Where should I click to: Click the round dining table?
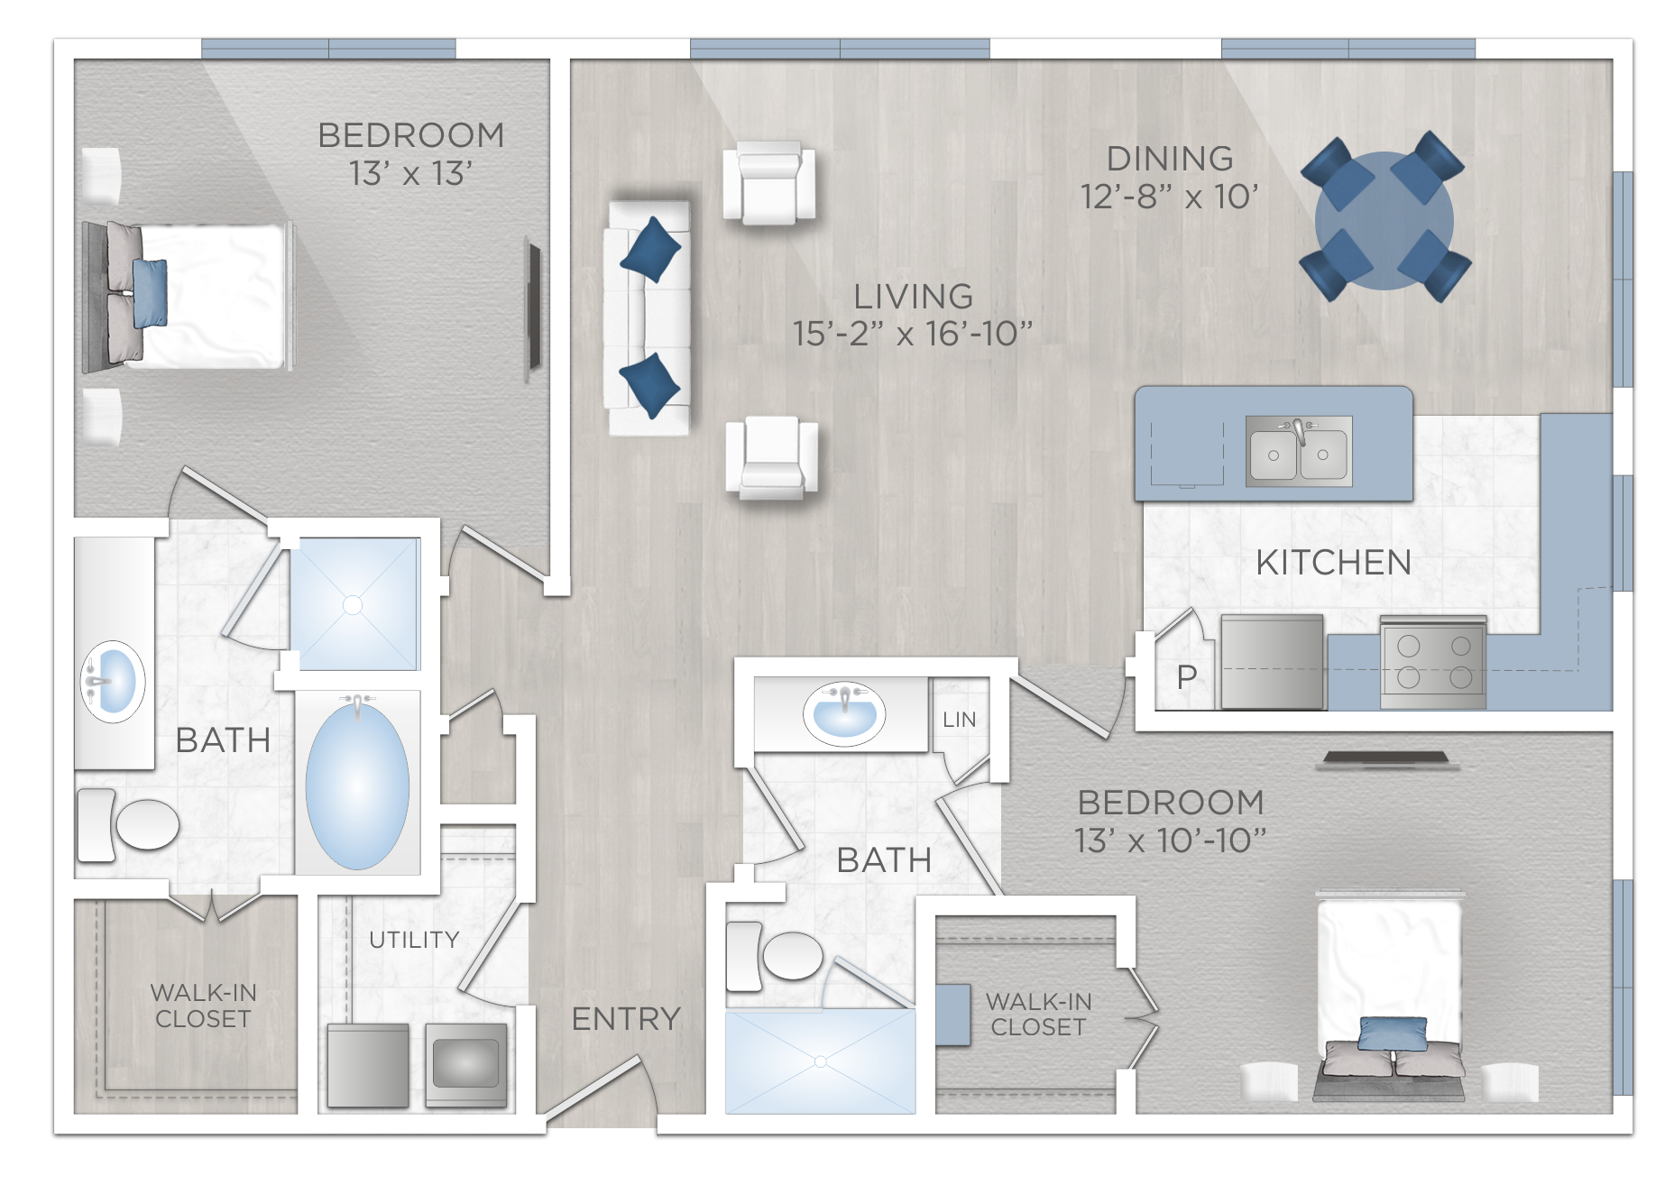tap(1384, 220)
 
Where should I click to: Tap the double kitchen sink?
tap(1298, 452)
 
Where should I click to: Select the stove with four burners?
tap(1433, 663)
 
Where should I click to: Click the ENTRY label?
tap(626, 1019)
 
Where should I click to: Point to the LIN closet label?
tap(959, 720)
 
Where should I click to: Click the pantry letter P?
tap(1187, 677)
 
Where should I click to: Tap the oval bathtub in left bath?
tap(357, 785)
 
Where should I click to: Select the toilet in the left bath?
tap(131, 824)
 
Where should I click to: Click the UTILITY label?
tap(414, 940)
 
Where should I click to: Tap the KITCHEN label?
tap(1333, 563)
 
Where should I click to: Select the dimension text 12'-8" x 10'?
tap(1169, 197)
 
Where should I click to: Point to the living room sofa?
tap(648, 317)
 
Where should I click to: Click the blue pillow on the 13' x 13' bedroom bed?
tap(150, 293)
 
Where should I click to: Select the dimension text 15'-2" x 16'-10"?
tap(912, 334)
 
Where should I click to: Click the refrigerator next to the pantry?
tap(1272, 663)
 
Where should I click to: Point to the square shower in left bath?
tap(354, 604)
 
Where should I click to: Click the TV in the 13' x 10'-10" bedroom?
tap(1387, 760)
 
